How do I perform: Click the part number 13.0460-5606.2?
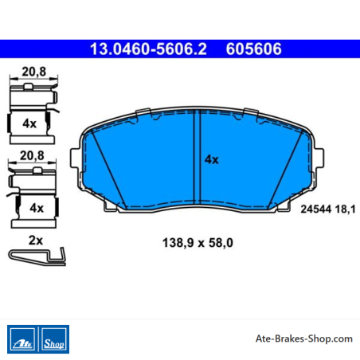tap(148, 49)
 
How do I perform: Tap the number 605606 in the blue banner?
tap(253, 49)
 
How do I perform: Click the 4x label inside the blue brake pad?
tap(212, 159)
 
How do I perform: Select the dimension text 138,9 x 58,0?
tap(198, 243)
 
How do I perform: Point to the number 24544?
tap(316, 209)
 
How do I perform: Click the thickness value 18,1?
tap(345, 209)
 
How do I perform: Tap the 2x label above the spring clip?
tap(36, 241)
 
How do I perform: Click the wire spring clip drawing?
tap(37, 256)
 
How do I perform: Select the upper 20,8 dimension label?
tap(33, 72)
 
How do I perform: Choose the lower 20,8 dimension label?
tap(32, 155)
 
